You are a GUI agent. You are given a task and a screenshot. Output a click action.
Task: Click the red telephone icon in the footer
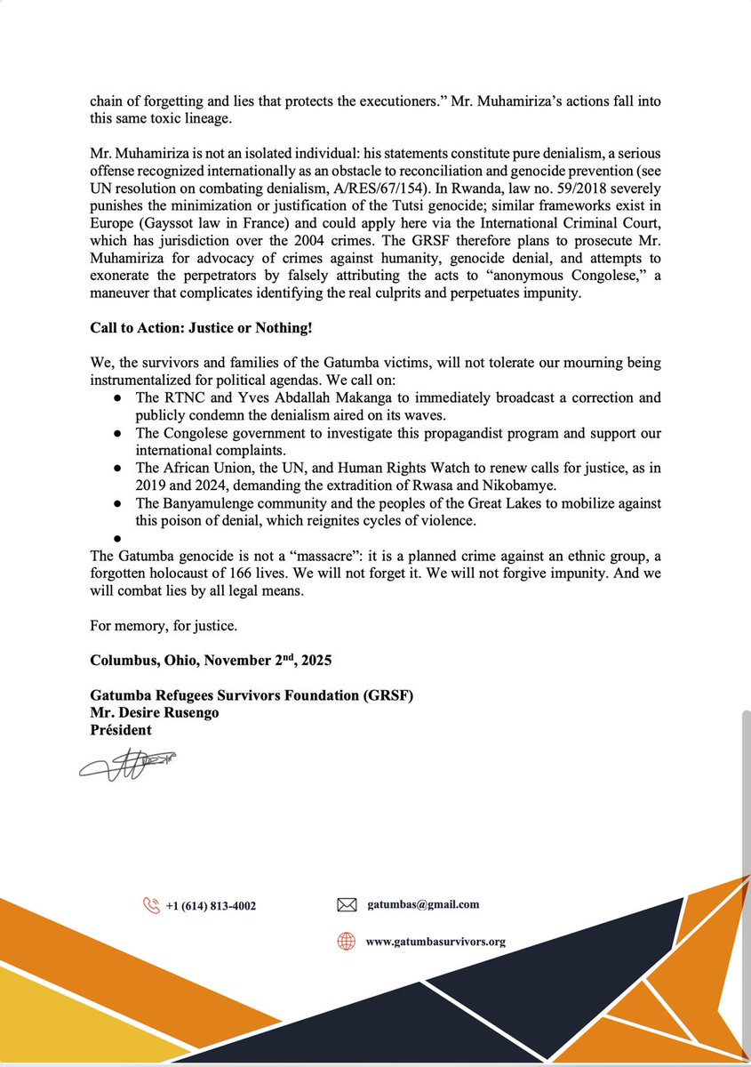150,905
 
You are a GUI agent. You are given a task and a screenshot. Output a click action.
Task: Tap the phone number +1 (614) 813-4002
211,906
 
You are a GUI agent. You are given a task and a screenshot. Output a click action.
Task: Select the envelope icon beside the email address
347,905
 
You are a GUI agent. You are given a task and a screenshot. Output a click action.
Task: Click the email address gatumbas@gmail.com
422,904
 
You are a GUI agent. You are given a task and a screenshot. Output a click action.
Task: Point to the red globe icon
347,942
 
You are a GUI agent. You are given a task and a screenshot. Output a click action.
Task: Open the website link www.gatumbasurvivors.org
435,942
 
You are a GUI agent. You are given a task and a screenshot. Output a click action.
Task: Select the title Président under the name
121,730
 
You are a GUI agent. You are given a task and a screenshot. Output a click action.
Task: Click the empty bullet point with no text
117,539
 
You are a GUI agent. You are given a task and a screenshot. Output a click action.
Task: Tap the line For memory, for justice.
164,626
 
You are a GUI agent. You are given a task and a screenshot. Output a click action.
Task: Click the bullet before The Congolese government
117,433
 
